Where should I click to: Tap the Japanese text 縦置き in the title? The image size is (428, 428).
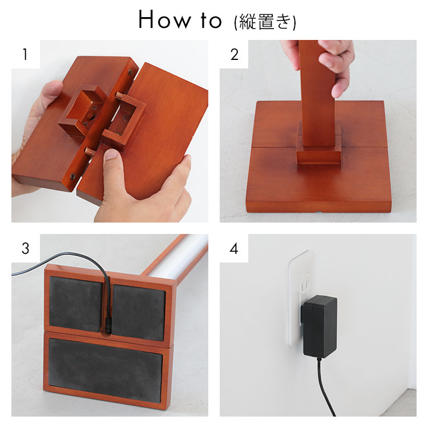tap(264, 22)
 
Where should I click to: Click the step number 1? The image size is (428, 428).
tap(25, 54)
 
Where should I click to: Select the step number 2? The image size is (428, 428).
tap(234, 54)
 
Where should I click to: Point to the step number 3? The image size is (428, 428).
tap(25, 248)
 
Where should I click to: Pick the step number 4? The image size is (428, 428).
tap(234, 248)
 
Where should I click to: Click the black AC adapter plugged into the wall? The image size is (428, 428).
tap(319, 326)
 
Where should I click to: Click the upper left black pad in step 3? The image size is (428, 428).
tap(75, 304)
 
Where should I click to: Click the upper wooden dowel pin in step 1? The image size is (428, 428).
tap(120, 96)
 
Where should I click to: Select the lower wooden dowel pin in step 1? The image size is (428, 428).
tap(90, 151)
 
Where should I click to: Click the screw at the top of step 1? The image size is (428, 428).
tap(130, 72)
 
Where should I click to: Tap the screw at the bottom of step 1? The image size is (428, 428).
tap(73, 176)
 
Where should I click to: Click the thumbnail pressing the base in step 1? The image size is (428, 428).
tap(111, 155)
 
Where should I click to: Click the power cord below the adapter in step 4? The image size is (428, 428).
tap(326, 387)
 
